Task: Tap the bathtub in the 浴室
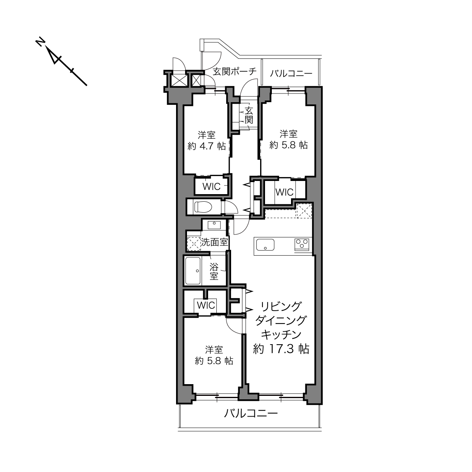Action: (193, 271)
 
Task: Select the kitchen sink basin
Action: (265, 245)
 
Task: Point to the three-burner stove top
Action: (302, 244)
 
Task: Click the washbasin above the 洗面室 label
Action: (214, 225)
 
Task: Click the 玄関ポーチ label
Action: (234, 72)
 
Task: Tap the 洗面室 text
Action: (215, 242)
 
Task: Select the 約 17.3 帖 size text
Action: (281, 349)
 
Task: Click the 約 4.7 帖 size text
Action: (207, 146)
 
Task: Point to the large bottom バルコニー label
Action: (251, 414)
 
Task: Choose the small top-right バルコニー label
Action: (291, 74)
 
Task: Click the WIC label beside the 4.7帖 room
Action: (211, 187)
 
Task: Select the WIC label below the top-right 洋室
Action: (284, 192)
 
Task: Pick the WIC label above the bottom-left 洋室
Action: (206, 305)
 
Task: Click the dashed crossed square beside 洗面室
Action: (194, 244)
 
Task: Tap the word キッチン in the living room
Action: (281, 335)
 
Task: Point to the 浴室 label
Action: (214, 271)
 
